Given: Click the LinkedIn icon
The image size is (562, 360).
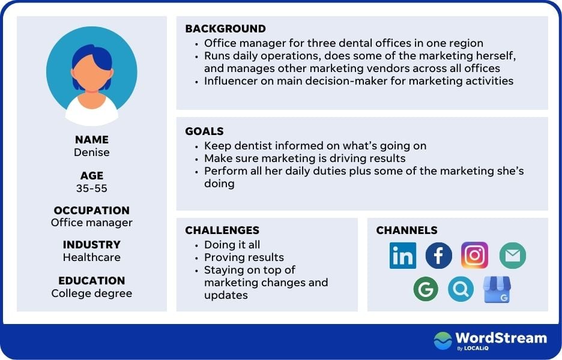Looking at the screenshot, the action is [x=403, y=256].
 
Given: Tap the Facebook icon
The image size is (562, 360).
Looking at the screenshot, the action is [x=439, y=256].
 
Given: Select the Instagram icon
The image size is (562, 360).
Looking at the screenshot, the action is [x=474, y=255].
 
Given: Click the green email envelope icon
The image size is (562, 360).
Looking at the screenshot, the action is [x=513, y=256].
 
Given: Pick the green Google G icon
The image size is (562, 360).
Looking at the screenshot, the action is [x=426, y=289].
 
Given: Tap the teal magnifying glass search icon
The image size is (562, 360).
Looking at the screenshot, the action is [x=461, y=289].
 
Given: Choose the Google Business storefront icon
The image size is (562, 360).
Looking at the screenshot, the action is [x=497, y=289].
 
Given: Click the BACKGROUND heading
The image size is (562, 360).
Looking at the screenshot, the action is [x=225, y=29].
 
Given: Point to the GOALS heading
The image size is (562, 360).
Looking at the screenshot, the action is [x=204, y=131].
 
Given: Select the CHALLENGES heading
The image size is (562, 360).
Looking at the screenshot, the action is [x=222, y=230].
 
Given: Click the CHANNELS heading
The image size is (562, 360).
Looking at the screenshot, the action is [x=407, y=230].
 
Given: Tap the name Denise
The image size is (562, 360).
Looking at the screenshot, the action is [x=92, y=152].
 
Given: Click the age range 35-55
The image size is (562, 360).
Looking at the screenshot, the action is [x=92, y=188].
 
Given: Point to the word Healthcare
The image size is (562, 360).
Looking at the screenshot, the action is [x=92, y=257].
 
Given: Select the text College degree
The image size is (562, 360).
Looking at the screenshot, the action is [x=92, y=293].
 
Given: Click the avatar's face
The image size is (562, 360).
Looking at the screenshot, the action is [x=92, y=74].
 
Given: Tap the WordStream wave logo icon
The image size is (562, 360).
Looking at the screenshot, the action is [x=443, y=340].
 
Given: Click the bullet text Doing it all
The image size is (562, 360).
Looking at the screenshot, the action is [x=232, y=245].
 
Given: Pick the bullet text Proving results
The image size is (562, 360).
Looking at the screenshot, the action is [x=244, y=257].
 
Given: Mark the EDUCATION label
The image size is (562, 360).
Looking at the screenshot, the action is [x=92, y=280].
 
